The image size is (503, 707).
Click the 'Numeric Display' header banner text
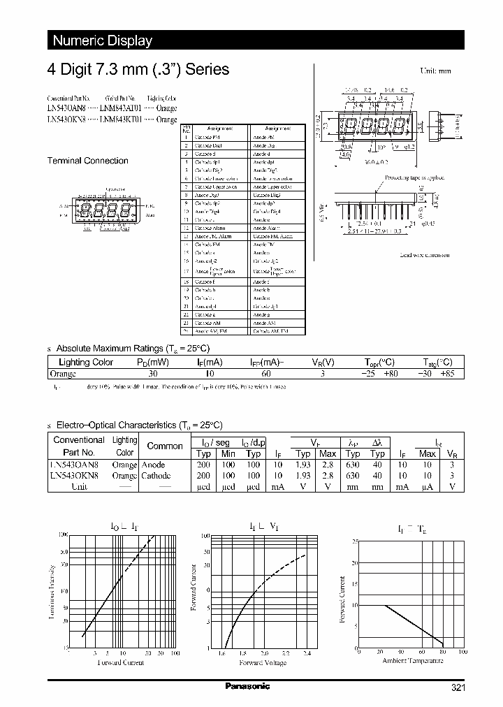pos(103,41)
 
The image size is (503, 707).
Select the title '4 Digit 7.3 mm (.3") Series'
pos(138,70)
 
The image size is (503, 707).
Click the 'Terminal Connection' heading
pos(87,161)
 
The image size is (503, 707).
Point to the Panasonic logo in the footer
pos(247,687)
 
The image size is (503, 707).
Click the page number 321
pos(458,688)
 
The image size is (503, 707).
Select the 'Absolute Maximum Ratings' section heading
pos(132,348)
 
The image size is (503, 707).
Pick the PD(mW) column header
pos(152,362)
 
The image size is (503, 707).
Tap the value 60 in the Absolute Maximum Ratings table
pos(265,374)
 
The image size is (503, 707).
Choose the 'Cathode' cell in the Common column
pos(156,475)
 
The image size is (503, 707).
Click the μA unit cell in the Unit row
pos(427,486)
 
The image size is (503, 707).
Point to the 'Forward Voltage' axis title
pos(262,662)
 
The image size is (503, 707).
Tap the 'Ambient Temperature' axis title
pos(409,659)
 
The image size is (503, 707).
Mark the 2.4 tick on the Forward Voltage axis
pos(307,654)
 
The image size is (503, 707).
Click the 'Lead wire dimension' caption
pos(424,255)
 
